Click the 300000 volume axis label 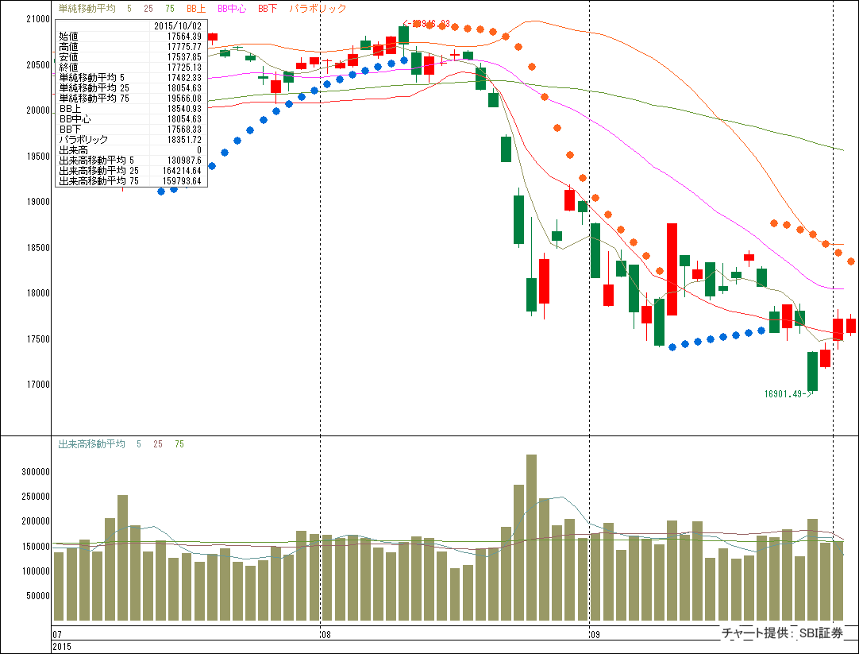pyautogui.click(x=37, y=471)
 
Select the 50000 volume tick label pyautogui.click(x=39, y=596)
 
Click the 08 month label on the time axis pyautogui.click(x=325, y=635)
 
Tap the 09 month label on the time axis pyautogui.click(x=595, y=635)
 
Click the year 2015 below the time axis pyautogui.click(x=63, y=648)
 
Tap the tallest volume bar pyautogui.click(x=532, y=537)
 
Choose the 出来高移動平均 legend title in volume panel pyautogui.click(x=92, y=444)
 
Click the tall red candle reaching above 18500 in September pyautogui.click(x=672, y=269)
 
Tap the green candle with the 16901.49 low pyautogui.click(x=812, y=371)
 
